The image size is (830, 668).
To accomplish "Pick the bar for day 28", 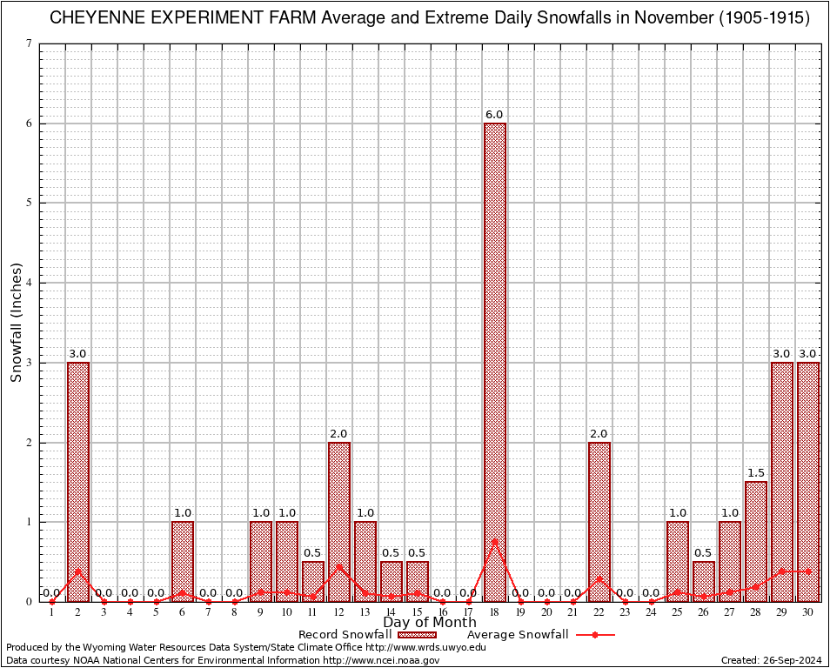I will tap(756, 541).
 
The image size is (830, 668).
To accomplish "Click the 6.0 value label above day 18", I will tap(494, 115).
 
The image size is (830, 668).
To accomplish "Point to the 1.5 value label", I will tap(756, 473).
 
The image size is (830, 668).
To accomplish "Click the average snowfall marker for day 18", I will tap(495, 541).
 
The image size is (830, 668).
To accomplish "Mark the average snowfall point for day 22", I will tap(599, 578).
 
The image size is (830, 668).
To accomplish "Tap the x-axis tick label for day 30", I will tap(808, 613).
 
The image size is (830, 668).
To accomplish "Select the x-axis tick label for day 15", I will tap(417, 613).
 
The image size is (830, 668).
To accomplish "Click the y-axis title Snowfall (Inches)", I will tap(17, 322).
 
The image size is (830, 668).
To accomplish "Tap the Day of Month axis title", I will tap(430, 623).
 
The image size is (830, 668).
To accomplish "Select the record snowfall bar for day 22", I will tap(599, 522).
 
